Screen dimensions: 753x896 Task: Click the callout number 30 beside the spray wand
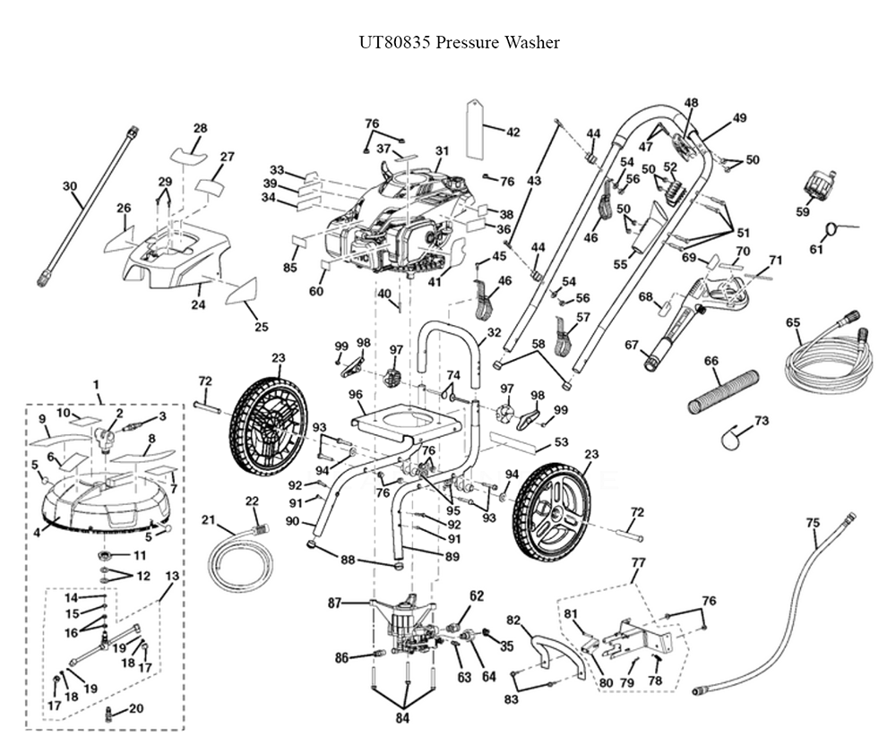(70, 186)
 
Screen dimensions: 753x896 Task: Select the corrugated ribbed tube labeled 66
(722, 391)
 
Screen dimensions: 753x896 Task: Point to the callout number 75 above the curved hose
(813, 523)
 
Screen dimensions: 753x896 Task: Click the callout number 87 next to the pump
(334, 603)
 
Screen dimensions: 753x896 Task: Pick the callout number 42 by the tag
(513, 133)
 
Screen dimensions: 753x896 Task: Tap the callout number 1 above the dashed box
(96, 385)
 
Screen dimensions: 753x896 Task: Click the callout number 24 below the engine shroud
(198, 305)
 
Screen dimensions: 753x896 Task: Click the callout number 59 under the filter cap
(802, 212)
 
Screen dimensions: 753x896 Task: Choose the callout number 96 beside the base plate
(356, 394)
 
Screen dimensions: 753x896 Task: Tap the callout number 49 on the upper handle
(739, 118)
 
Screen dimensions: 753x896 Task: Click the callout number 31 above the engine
(441, 150)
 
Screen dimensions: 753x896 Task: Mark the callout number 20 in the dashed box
(135, 709)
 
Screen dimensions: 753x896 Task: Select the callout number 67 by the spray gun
(631, 345)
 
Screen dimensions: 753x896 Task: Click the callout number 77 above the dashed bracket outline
(638, 562)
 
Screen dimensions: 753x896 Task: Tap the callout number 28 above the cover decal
(200, 128)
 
